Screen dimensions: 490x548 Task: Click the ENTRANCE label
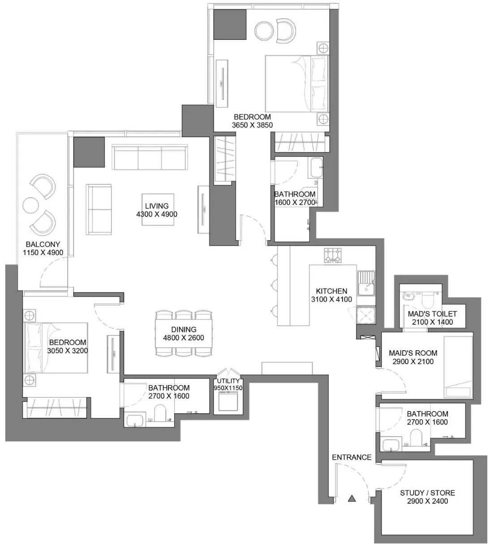click(x=352, y=457)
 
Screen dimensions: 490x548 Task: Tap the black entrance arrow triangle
click(x=352, y=498)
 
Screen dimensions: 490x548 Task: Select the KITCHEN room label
click(x=331, y=291)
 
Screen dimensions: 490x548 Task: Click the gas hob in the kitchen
click(x=333, y=255)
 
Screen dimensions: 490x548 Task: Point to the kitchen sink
click(x=366, y=284)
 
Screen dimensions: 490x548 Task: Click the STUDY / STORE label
click(x=427, y=493)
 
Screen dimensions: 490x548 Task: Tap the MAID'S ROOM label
click(x=413, y=353)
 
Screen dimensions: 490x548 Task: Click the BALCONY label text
click(x=43, y=244)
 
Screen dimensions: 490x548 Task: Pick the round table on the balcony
click(x=30, y=205)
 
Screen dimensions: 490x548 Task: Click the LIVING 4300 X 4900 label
click(x=157, y=210)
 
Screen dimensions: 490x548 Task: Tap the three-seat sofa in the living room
click(x=150, y=157)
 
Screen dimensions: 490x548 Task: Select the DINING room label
click(x=184, y=329)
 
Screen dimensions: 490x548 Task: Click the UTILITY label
click(x=228, y=381)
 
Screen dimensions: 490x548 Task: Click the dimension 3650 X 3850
click(x=252, y=125)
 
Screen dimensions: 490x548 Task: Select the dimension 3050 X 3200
click(x=68, y=351)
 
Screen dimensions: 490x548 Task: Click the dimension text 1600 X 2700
click(x=295, y=202)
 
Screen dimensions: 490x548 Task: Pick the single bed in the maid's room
click(x=458, y=367)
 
